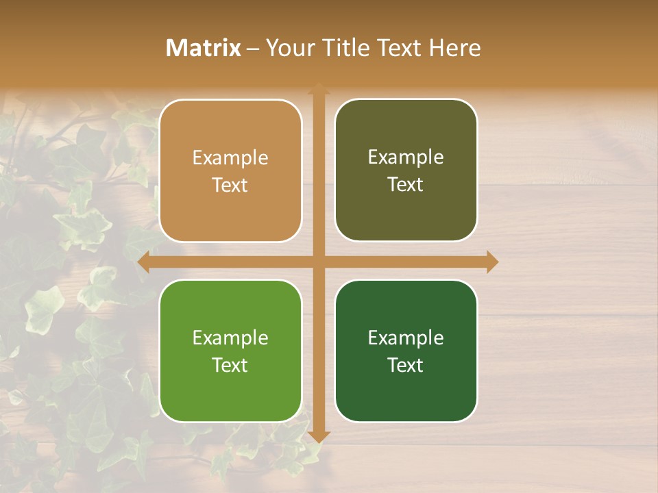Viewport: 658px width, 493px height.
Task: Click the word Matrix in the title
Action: (x=204, y=48)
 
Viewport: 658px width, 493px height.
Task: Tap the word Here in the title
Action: (x=455, y=48)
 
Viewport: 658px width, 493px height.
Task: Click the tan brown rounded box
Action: (x=230, y=171)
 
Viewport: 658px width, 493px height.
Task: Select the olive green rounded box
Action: (x=406, y=170)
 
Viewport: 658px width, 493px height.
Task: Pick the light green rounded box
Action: (x=230, y=351)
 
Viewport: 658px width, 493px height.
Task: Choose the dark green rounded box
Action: (x=406, y=351)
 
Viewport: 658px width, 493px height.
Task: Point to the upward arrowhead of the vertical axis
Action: (x=319, y=88)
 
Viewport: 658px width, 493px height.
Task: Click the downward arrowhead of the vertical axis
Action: (x=319, y=436)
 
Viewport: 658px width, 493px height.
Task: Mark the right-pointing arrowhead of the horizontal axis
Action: (x=492, y=262)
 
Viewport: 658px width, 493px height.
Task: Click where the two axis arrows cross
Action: (x=319, y=262)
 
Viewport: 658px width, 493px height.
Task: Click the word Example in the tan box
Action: (x=230, y=158)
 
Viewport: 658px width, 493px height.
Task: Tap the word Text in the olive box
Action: (x=406, y=185)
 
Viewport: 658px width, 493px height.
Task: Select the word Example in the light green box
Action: (x=230, y=338)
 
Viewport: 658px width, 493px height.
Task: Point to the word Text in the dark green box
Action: (x=406, y=365)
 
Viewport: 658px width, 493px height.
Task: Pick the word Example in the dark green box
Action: (x=406, y=338)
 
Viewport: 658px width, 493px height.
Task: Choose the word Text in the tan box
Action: (x=230, y=186)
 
